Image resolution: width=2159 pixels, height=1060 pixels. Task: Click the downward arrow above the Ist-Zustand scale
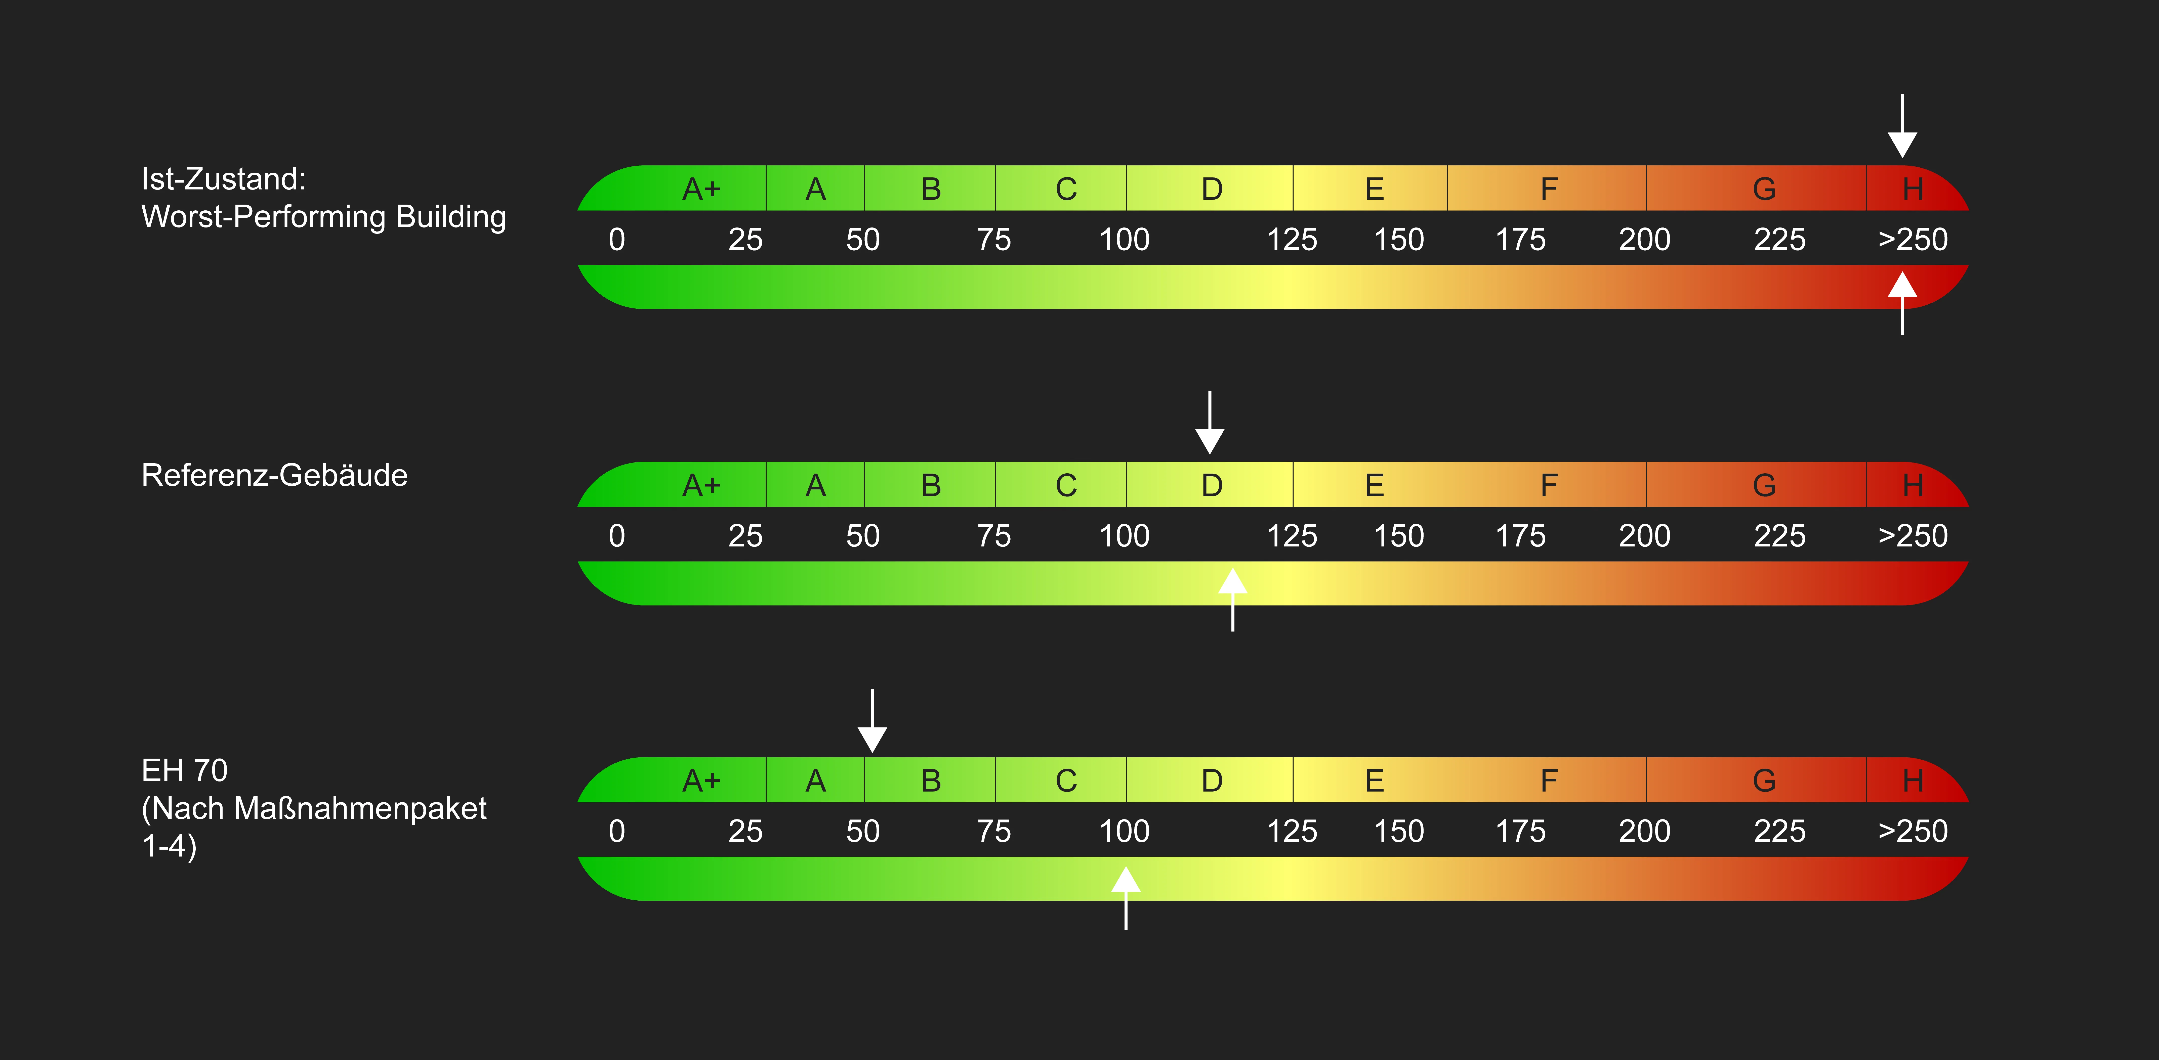coord(1902,127)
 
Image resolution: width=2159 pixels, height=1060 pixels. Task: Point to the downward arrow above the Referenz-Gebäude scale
coord(1210,423)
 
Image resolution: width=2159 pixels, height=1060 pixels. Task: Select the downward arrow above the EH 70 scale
coord(873,721)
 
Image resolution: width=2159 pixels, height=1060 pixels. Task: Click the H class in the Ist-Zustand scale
coord(1913,189)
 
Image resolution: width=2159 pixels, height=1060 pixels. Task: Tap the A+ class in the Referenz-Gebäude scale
coord(701,485)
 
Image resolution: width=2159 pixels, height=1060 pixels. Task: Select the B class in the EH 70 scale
coord(930,781)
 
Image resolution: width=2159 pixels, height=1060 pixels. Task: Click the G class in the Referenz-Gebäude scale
coord(1763,485)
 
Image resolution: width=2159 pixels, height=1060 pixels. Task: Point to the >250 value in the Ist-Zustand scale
coord(1913,240)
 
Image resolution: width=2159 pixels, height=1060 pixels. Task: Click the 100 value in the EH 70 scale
coord(1124,831)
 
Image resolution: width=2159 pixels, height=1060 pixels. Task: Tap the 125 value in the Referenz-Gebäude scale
coord(1292,535)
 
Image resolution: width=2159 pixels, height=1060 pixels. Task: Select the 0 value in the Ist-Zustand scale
coord(617,240)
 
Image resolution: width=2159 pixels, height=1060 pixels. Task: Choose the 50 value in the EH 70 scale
coord(862,831)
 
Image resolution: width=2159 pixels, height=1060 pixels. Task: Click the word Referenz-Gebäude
coord(274,475)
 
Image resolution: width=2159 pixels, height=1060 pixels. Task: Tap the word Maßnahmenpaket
coord(360,809)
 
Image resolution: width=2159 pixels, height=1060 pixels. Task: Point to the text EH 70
coord(184,770)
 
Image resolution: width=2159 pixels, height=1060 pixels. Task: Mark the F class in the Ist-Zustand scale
coord(1548,189)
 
